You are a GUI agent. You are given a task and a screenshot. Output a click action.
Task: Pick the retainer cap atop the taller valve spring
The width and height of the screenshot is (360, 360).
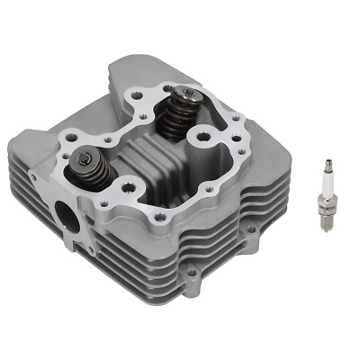(184, 94)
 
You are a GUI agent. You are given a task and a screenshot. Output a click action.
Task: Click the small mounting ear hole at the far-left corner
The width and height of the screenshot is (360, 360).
(33, 177)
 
